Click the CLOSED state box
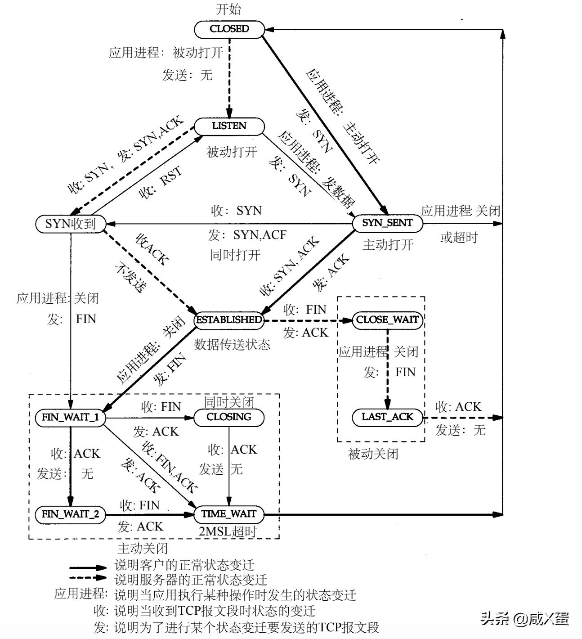(x=229, y=29)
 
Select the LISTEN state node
(x=229, y=126)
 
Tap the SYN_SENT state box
(x=387, y=223)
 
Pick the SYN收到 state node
(x=71, y=224)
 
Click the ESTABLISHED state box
(x=228, y=320)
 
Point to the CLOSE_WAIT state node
(x=387, y=320)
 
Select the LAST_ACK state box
(x=387, y=417)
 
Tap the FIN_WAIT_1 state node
(x=70, y=417)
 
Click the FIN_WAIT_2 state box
(x=70, y=514)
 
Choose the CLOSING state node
(x=228, y=417)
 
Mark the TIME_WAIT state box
(x=228, y=514)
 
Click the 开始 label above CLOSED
(x=228, y=9)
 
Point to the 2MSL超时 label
(x=228, y=531)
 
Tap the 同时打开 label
(x=235, y=255)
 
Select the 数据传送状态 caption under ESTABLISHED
(x=232, y=345)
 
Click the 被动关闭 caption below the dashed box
(x=373, y=454)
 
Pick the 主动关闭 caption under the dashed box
(x=142, y=548)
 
